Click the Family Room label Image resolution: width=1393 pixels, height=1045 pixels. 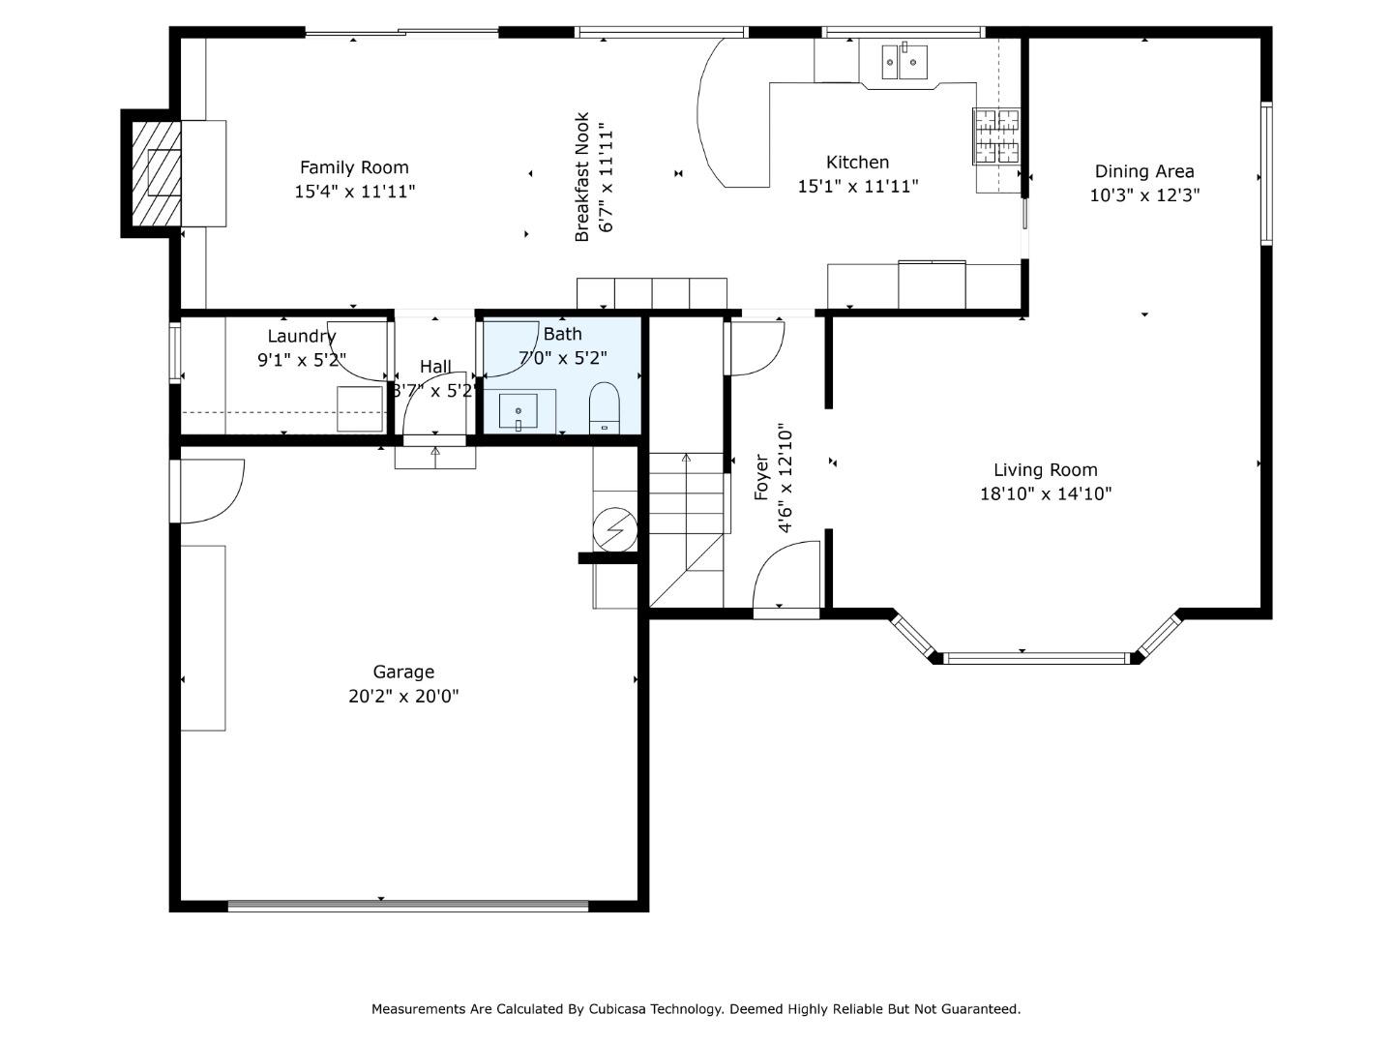354,167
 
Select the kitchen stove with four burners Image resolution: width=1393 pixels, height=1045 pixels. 995,136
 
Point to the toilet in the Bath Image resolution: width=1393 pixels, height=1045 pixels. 605,407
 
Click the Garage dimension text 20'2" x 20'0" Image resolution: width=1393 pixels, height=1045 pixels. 403,696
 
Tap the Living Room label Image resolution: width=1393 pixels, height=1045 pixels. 1045,470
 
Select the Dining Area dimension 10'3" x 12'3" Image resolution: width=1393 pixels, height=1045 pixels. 1143,194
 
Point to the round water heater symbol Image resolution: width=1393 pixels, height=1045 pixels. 615,529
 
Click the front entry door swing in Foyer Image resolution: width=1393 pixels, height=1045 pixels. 785,576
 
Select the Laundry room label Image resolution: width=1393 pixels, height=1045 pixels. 301,337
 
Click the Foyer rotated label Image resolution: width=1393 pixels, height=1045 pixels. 762,477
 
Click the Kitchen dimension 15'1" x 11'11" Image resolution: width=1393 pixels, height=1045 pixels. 857,186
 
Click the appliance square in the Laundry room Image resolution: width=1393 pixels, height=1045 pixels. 360,408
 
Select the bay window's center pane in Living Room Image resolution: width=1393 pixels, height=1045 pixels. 1037,658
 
